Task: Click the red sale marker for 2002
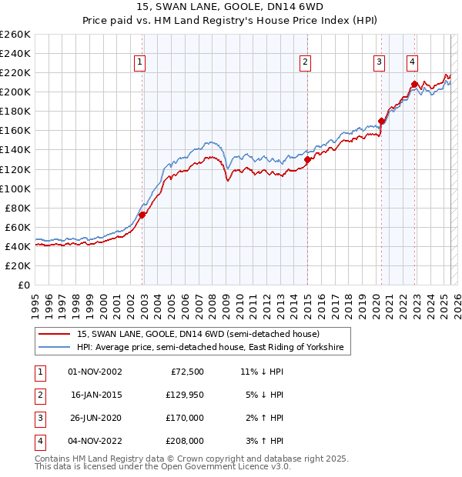tap(142, 215)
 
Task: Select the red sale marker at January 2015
tap(307, 160)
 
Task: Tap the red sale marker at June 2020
tap(381, 121)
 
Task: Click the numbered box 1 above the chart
tap(140, 63)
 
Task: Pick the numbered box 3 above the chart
tap(380, 63)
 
